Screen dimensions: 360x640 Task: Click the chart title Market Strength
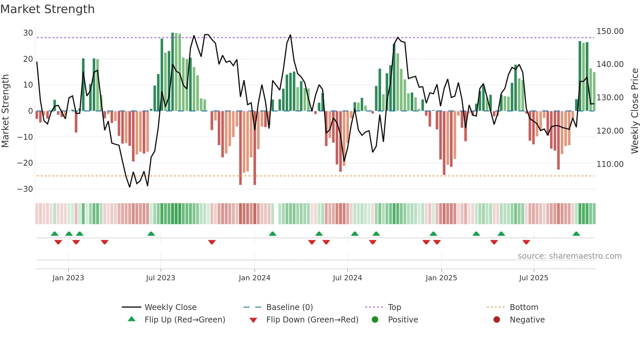coord(47,9)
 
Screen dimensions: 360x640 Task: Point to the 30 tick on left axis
coord(28,33)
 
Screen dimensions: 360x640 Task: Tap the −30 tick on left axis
coord(25,189)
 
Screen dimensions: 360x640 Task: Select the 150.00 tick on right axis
coord(610,31)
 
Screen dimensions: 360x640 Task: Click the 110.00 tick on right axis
coord(610,164)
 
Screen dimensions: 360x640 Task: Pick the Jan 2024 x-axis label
coord(254,278)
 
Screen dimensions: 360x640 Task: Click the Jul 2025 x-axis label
coord(534,278)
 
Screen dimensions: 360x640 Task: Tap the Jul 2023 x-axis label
coord(160,278)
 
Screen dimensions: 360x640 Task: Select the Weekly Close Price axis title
coord(634,111)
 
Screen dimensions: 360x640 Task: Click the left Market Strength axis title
coord(5,111)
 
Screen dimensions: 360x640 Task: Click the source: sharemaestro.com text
coord(569,256)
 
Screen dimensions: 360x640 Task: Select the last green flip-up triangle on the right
coord(576,234)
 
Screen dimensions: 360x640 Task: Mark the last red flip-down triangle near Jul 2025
coord(526,242)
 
